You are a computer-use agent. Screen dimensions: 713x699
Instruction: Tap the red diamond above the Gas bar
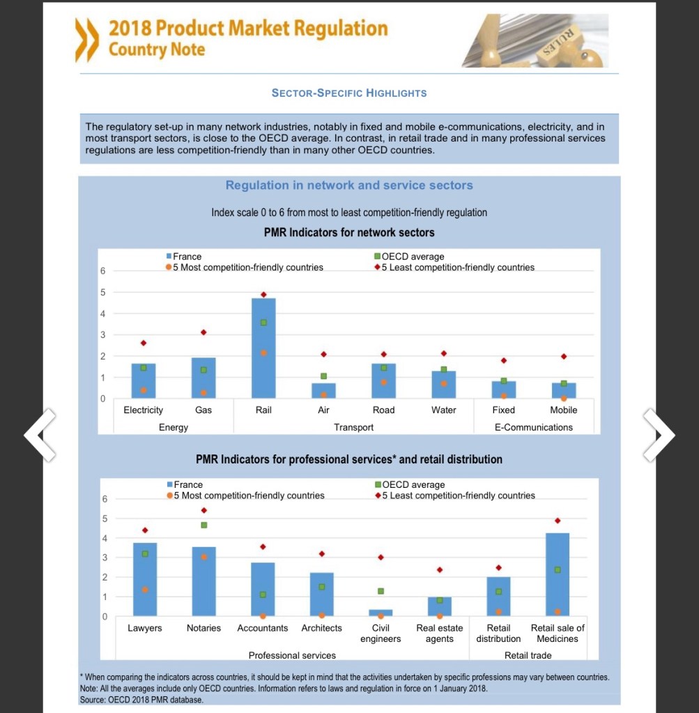pyautogui.click(x=203, y=332)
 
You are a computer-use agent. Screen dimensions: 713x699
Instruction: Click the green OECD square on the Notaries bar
pyautogui.click(x=204, y=525)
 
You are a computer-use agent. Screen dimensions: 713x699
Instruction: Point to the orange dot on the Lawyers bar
pyautogui.click(x=145, y=590)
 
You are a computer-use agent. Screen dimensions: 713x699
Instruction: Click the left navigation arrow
pyautogui.click(x=40, y=435)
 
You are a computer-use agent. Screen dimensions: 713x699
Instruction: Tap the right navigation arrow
pyautogui.click(x=659, y=435)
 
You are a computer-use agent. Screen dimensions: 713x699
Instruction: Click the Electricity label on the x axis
pyautogui.click(x=143, y=410)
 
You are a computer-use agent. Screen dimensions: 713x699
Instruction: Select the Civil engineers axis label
pyautogui.click(x=381, y=634)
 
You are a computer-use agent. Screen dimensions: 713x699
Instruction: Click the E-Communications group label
pyautogui.click(x=533, y=427)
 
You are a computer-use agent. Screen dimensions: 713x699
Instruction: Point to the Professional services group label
pyautogui.click(x=292, y=655)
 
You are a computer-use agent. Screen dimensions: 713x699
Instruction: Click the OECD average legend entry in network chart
pyautogui.click(x=412, y=256)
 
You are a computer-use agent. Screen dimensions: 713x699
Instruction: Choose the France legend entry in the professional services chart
pyautogui.click(x=187, y=484)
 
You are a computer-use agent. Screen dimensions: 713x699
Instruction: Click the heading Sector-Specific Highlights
pyautogui.click(x=348, y=93)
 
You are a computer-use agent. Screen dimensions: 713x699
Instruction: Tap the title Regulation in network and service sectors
pyautogui.click(x=349, y=185)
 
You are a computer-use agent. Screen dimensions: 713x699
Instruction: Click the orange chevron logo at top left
pyautogui.click(x=88, y=40)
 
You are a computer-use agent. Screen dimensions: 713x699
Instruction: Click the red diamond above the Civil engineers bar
pyautogui.click(x=381, y=558)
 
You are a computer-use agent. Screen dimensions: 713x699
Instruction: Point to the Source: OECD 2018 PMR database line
pyautogui.click(x=141, y=700)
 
